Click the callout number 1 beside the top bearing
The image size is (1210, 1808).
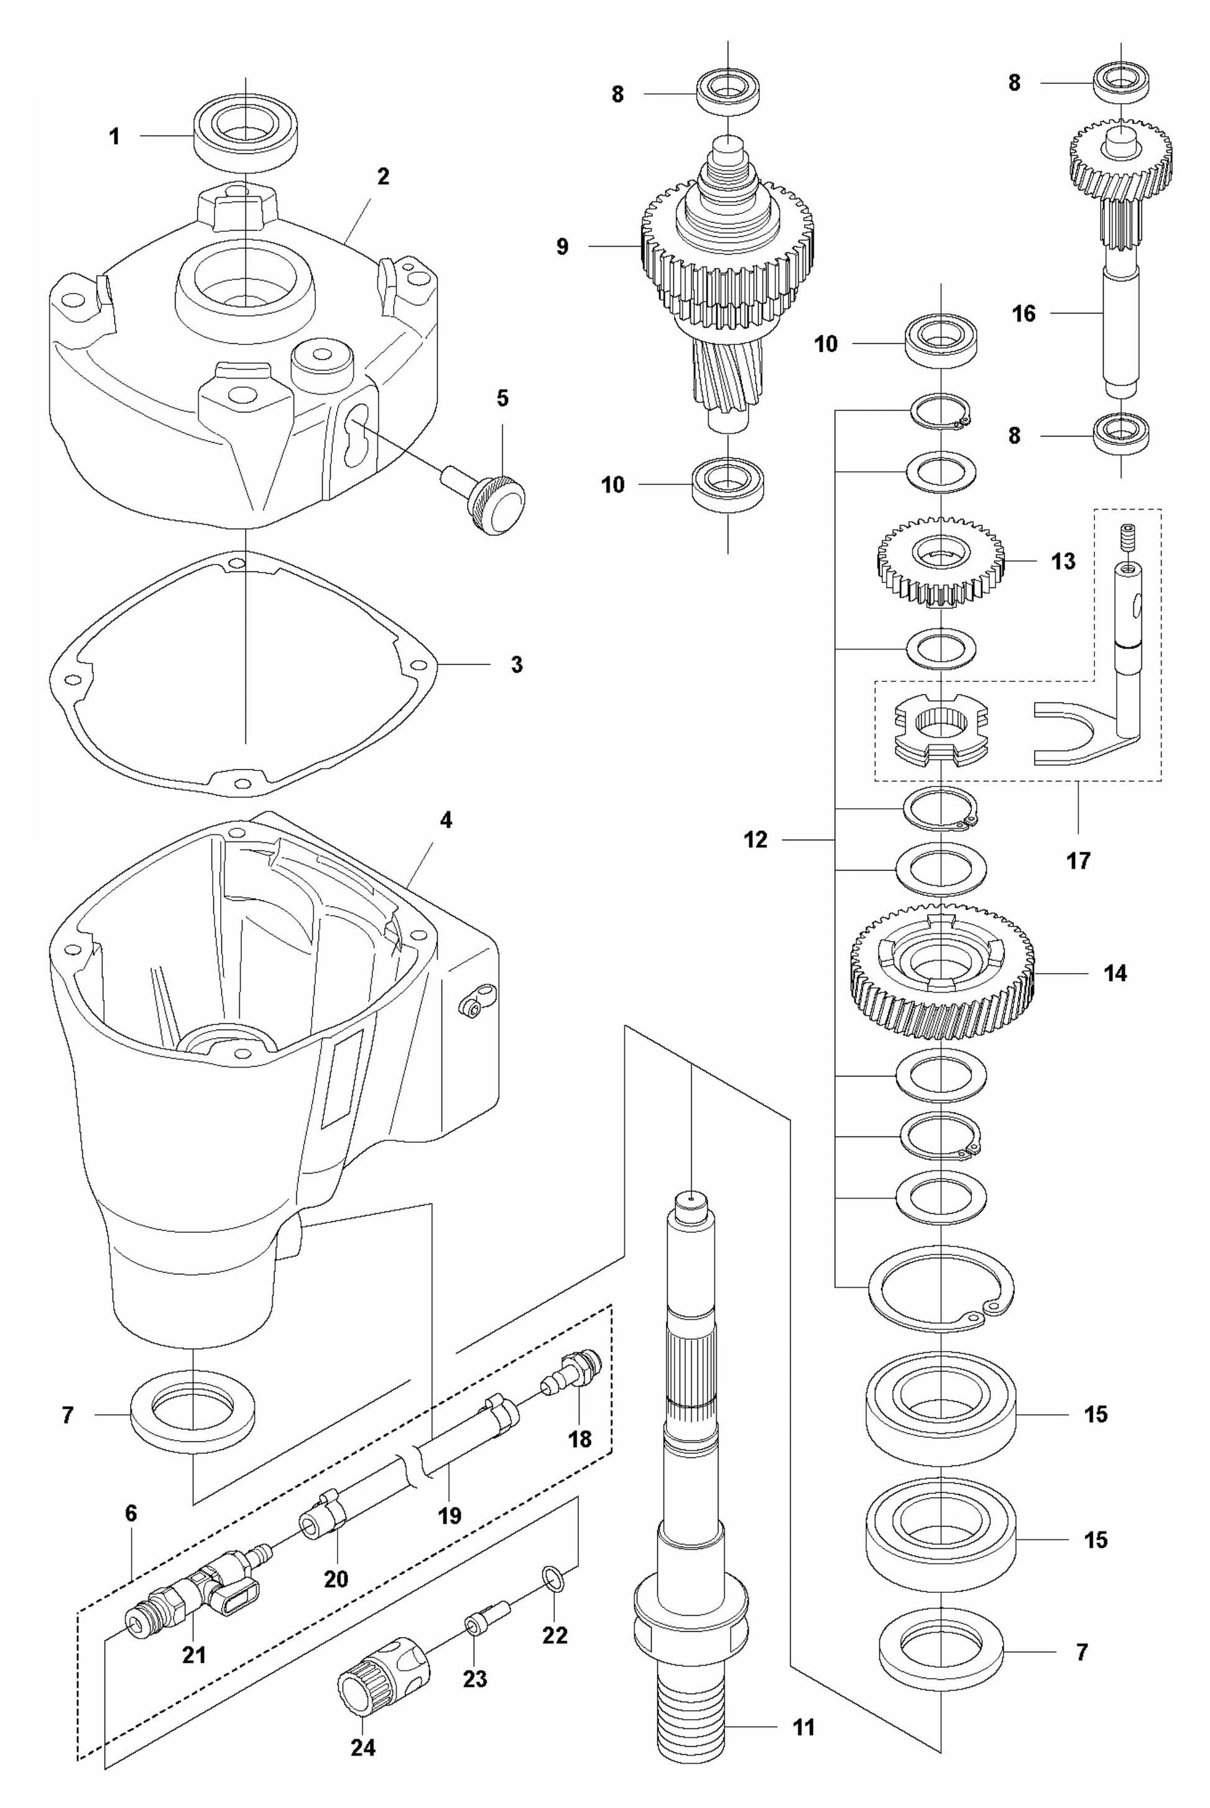pyautogui.click(x=114, y=137)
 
